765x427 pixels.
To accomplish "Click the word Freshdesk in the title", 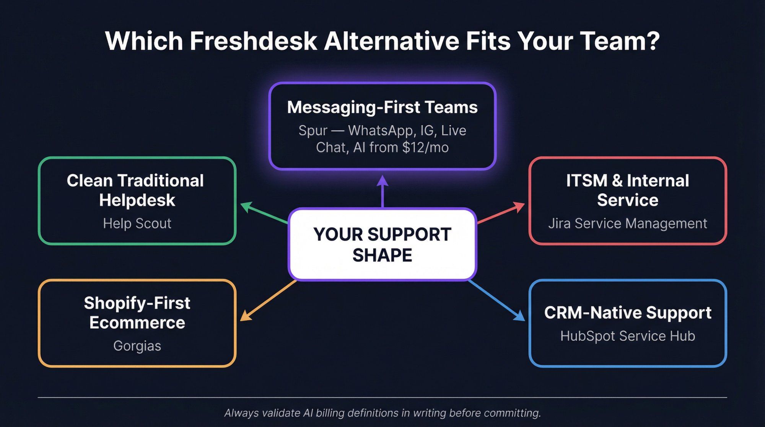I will [x=253, y=41].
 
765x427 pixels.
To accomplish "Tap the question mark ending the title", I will [x=653, y=41].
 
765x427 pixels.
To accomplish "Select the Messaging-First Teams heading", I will [x=382, y=107].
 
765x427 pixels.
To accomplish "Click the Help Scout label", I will [x=137, y=223].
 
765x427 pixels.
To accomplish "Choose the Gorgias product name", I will [x=137, y=346].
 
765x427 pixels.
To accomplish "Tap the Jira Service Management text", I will [x=627, y=223].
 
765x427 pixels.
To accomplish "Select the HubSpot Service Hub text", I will [x=627, y=336].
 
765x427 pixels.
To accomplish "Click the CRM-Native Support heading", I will [x=627, y=313].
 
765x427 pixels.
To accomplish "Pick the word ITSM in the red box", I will [x=586, y=181].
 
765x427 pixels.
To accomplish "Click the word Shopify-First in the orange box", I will [x=137, y=303].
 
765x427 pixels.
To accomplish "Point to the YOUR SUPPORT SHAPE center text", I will [x=382, y=244].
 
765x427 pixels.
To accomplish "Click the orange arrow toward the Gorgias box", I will [x=268, y=300].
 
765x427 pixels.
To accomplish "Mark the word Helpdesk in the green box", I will [x=137, y=200].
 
